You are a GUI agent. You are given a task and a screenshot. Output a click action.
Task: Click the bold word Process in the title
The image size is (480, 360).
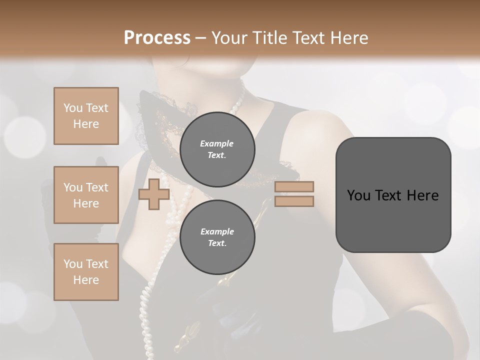[157, 37]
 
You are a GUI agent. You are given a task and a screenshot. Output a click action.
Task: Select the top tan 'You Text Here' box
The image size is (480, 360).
[86, 116]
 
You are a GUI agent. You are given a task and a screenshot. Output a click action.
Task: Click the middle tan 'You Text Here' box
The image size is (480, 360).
[86, 195]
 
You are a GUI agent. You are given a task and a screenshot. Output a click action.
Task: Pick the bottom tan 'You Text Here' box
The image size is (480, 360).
[86, 272]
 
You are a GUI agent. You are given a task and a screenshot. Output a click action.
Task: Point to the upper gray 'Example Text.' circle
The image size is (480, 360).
[217, 149]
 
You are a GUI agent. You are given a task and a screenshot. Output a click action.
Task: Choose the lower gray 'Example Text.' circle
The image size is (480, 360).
[217, 237]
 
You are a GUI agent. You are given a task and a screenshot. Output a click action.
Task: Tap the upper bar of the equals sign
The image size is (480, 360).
[294, 187]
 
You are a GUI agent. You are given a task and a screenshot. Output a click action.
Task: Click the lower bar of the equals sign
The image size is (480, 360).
[294, 201]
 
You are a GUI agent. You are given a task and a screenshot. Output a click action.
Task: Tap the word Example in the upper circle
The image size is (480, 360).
[217, 143]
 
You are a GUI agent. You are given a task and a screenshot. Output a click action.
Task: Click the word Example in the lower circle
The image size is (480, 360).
[217, 231]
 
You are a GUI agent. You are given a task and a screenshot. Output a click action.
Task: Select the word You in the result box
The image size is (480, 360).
[358, 195]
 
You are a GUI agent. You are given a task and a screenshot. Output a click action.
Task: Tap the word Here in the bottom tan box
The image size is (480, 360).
[86, 280]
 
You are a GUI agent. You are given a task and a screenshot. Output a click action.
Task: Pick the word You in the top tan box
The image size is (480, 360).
[72, 108]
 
